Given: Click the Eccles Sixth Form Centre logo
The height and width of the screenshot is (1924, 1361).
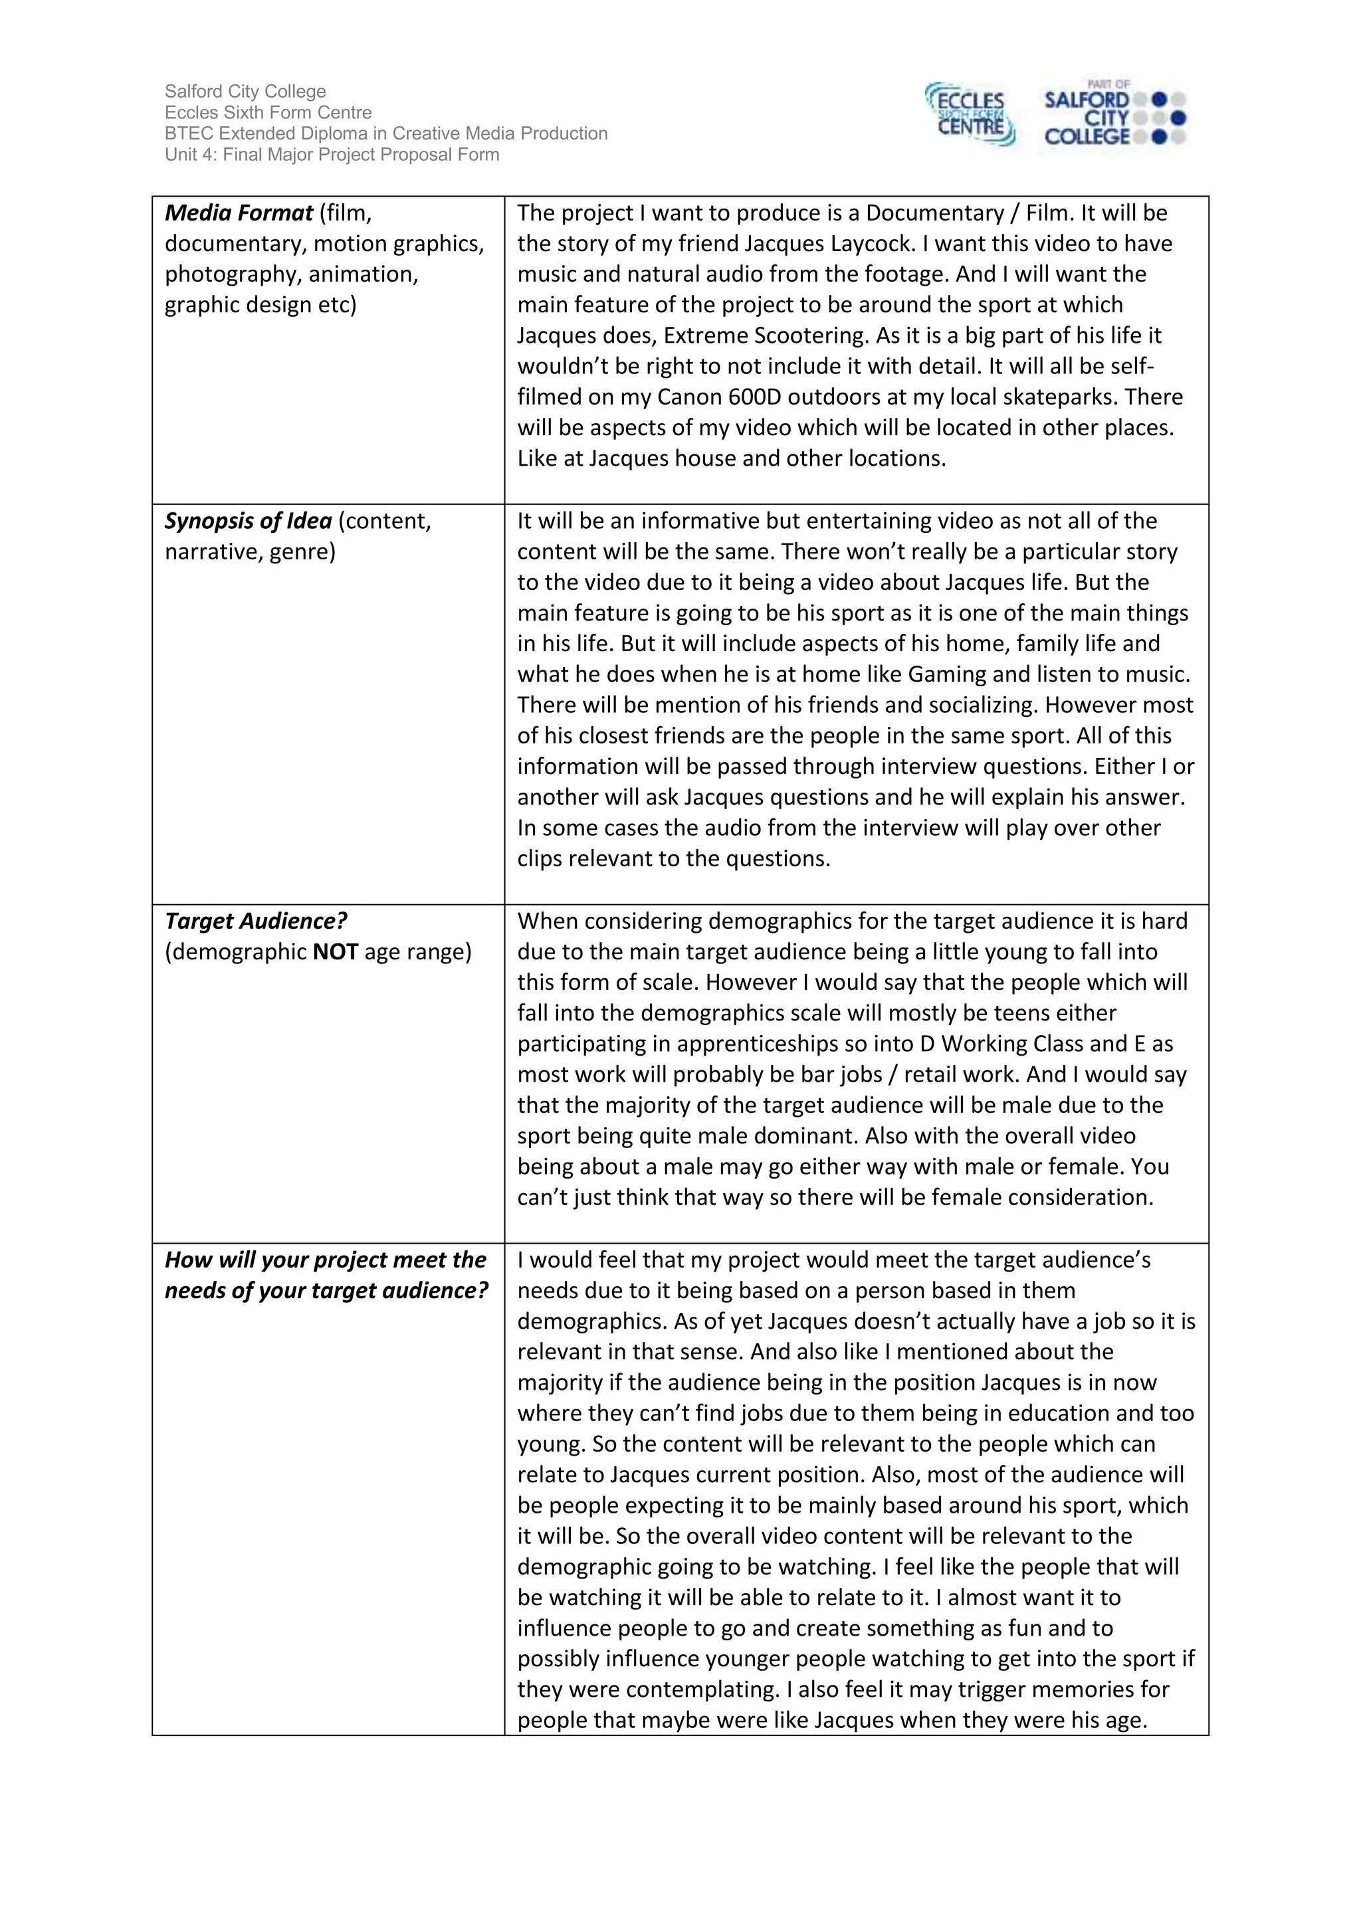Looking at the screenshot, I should [x=970, y=114].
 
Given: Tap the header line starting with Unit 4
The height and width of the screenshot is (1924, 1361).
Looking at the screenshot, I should [x=332, y=155].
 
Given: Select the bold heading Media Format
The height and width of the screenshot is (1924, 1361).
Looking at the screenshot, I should [x=239, y=213].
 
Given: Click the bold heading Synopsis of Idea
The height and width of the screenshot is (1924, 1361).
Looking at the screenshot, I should [x=248, y=522].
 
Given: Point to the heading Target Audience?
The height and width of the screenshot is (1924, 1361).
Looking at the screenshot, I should [x=256, y=921].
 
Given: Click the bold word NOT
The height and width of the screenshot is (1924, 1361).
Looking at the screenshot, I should [x=335, y=952].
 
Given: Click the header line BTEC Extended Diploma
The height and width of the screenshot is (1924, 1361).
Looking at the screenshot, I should [x=385, y=134].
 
